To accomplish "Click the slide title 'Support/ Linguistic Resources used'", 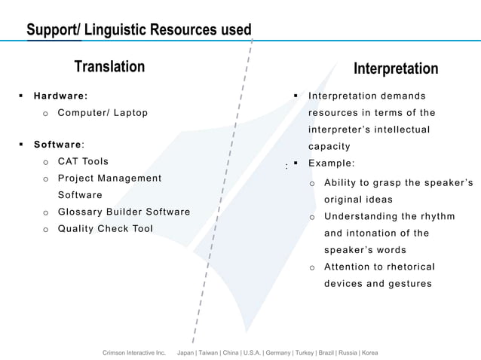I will pos(139,30).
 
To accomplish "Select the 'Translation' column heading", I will pos(109,67).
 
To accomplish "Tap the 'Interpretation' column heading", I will pos(396,69).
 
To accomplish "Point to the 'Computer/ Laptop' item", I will pos(103,113).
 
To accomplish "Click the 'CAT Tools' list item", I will pos(83,161).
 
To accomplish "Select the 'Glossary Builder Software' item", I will pos(124,212).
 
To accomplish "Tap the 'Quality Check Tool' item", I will pos(106,228).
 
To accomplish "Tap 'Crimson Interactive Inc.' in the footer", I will pos(133,352).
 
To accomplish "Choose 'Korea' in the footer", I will pos(369,352).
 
